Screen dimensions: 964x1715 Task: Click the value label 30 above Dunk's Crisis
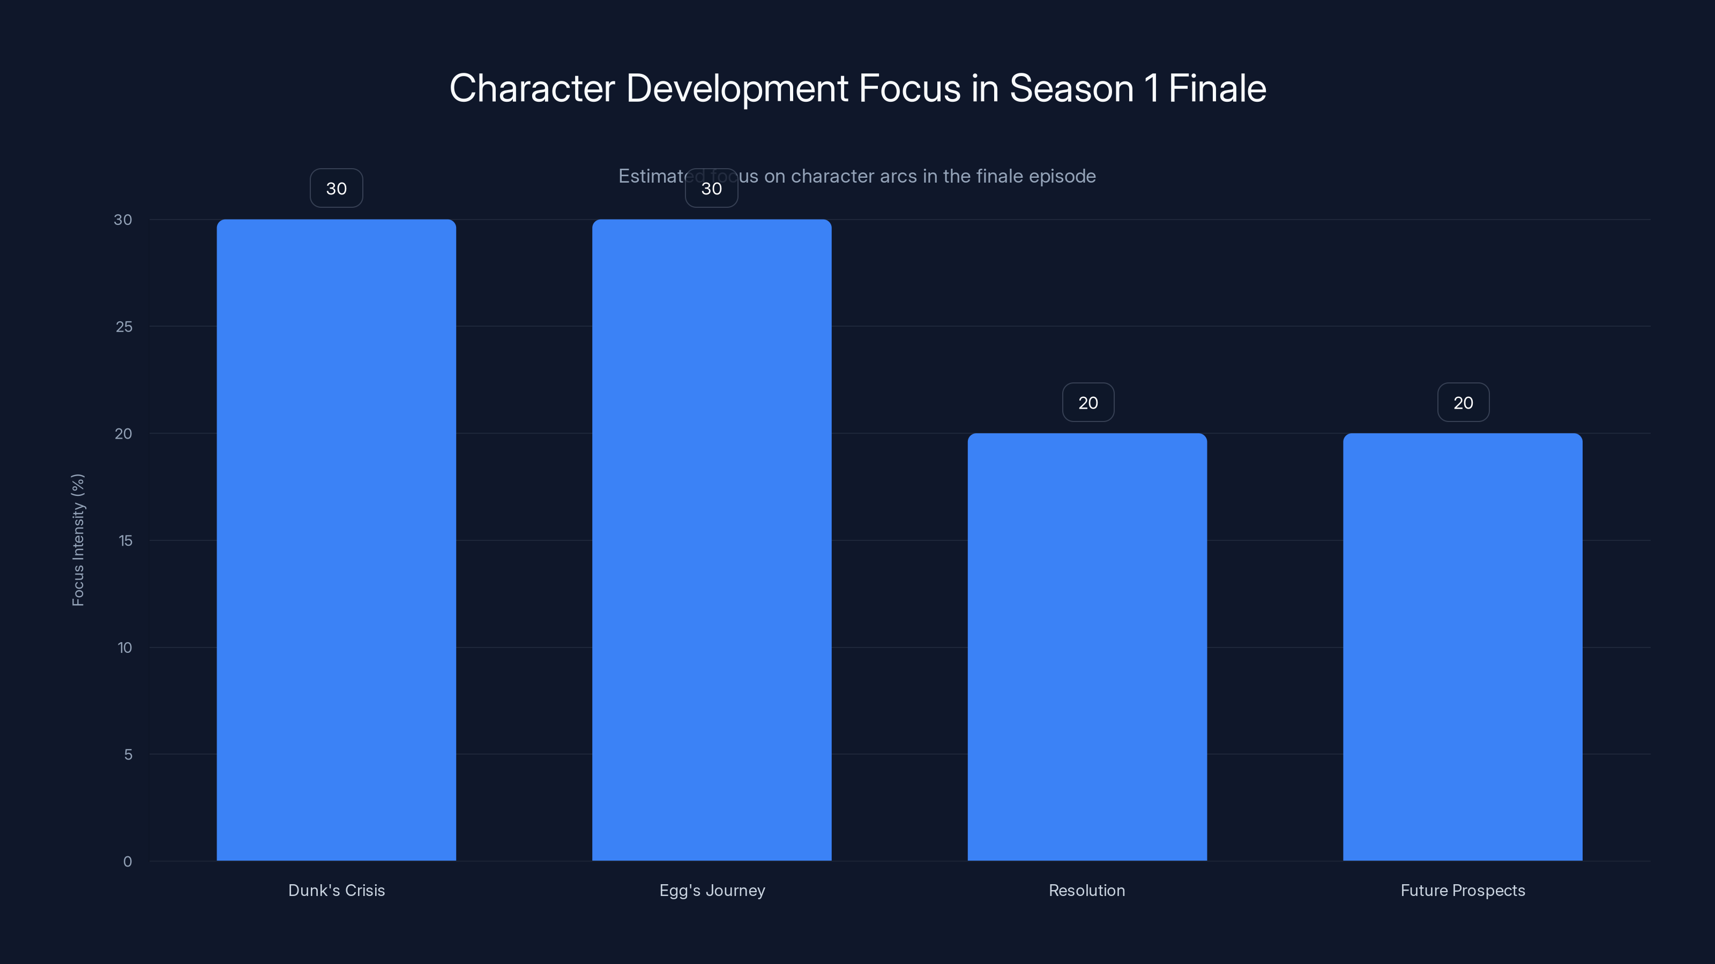click(336, 189)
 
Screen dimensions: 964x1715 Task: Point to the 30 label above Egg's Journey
click(712, 189)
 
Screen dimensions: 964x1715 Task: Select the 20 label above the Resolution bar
click(1088, 403)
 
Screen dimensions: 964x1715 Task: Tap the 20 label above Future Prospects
click(1463, 403)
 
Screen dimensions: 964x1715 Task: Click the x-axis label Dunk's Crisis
click(336, 890)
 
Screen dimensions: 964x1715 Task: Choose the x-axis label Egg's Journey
click(712, 890)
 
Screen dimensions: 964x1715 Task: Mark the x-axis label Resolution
click(1086, 890)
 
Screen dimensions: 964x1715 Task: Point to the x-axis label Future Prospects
click(1463, 890)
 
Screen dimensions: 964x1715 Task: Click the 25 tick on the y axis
click(124, 327)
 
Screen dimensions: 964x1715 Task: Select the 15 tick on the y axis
click(125, 541)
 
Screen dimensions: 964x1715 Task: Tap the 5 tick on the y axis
click(128, 755)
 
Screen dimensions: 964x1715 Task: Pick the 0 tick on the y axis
click(127, 862)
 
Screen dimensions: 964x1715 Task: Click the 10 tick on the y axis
click(124, 648)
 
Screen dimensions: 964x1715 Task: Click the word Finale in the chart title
click(1217, 88)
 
